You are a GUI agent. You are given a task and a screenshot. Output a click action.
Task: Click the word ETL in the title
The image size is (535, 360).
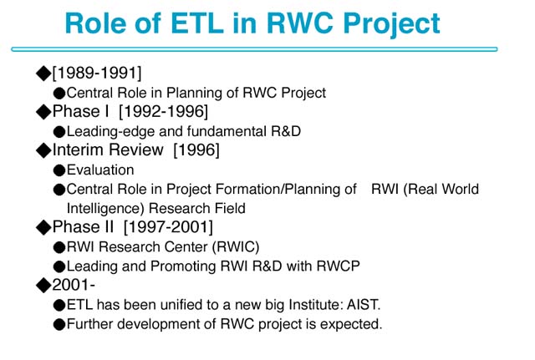197,23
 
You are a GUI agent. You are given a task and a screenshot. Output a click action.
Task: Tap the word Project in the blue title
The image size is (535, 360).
392,25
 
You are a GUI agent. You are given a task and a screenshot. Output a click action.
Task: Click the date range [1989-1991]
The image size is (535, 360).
97,73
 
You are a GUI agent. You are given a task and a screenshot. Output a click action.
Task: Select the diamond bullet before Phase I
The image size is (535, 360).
43,112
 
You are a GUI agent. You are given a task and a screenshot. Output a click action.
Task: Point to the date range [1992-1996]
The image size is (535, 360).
163,111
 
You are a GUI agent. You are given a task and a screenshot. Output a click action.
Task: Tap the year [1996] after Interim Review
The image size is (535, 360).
196,150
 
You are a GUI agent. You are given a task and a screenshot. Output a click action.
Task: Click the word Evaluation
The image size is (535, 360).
100,170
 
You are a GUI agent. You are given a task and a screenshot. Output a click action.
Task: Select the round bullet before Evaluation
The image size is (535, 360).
59,170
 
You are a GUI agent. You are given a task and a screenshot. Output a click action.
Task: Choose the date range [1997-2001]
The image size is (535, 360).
168,227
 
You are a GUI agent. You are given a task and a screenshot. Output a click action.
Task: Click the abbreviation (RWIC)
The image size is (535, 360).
236,246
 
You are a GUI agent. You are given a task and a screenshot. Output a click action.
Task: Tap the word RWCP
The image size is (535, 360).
338,266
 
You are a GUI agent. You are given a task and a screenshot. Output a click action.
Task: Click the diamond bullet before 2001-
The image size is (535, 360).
43,285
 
